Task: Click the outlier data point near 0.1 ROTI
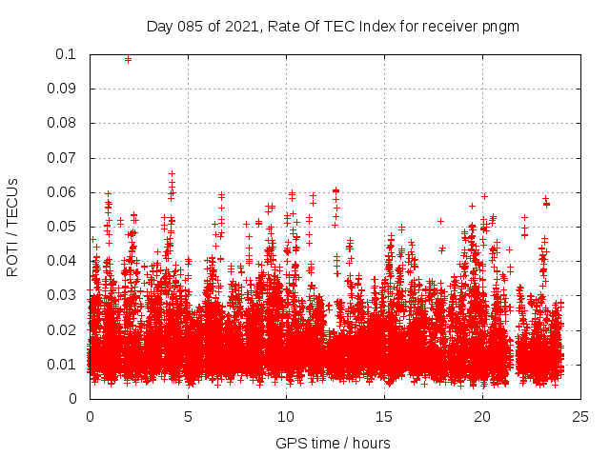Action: coord(129,59)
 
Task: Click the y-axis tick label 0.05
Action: coord(65,227)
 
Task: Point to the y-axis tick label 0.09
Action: coord(65,89)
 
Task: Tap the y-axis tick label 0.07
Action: coord(65,157)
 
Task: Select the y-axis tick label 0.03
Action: coord(65,295)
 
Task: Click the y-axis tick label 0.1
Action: coord(68,54)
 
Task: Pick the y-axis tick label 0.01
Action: coord(65,365)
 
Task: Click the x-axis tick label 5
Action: coord(188,417)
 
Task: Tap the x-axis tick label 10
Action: coord(286,417)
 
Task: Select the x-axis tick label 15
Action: coord(384,417)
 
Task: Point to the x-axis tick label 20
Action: coord(482,417)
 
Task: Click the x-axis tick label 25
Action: coord(580,417)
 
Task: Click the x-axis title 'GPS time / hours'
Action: coord(333,443)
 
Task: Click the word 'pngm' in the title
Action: coord(500,26)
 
